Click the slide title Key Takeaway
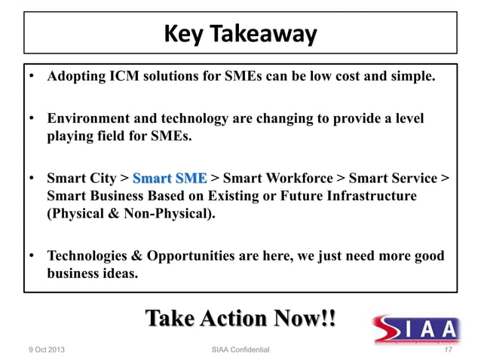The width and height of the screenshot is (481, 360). (240, 35)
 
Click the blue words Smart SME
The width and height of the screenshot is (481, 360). (170, 178)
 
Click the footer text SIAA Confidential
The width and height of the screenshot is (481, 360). (240, 350)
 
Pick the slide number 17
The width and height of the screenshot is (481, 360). (449, 350)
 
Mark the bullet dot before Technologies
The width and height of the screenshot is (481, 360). (33, 256)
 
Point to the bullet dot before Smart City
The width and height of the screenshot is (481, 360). (33, 178)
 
